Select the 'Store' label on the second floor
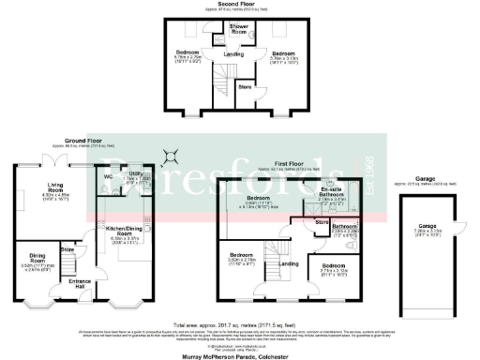coord(246,86)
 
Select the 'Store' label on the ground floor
coord(67,249)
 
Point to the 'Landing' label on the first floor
coord(291,263)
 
